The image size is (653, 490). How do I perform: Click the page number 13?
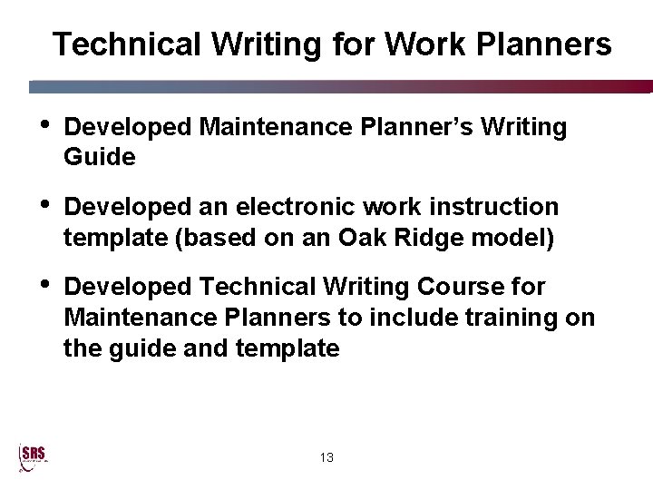(x=326, y=458)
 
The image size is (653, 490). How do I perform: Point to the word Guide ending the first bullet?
(x=100, y=157)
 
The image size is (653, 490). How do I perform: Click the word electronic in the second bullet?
(x=296, y=207)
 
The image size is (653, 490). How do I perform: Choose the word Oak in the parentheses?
(x=363, y=238)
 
